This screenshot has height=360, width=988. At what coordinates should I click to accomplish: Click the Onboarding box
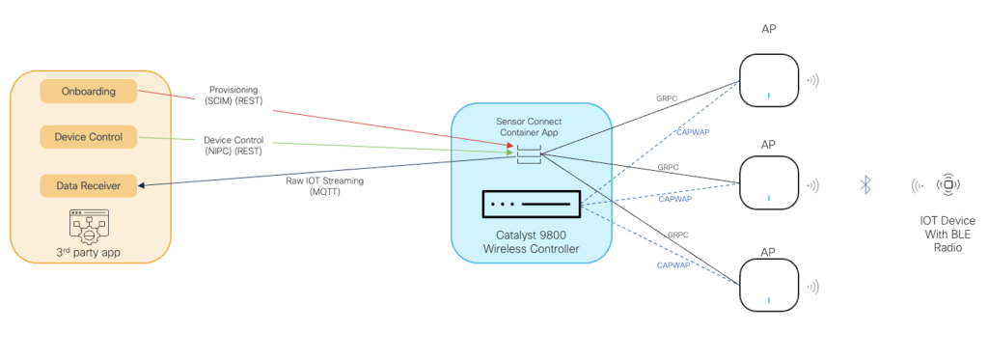[x=88, y=91]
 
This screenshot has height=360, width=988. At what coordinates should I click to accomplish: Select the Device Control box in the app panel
[x=88, y=137]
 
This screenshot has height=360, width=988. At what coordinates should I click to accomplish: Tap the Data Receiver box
[x=88, y=183]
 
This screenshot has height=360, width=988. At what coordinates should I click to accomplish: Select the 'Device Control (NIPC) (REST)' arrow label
[x=234, y=145]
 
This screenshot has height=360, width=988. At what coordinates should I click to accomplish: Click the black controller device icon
[x=531, y=204]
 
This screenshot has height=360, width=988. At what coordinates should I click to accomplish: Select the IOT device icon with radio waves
[x=948, y=184]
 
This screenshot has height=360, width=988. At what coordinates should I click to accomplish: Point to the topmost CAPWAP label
[x=689, y=132]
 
